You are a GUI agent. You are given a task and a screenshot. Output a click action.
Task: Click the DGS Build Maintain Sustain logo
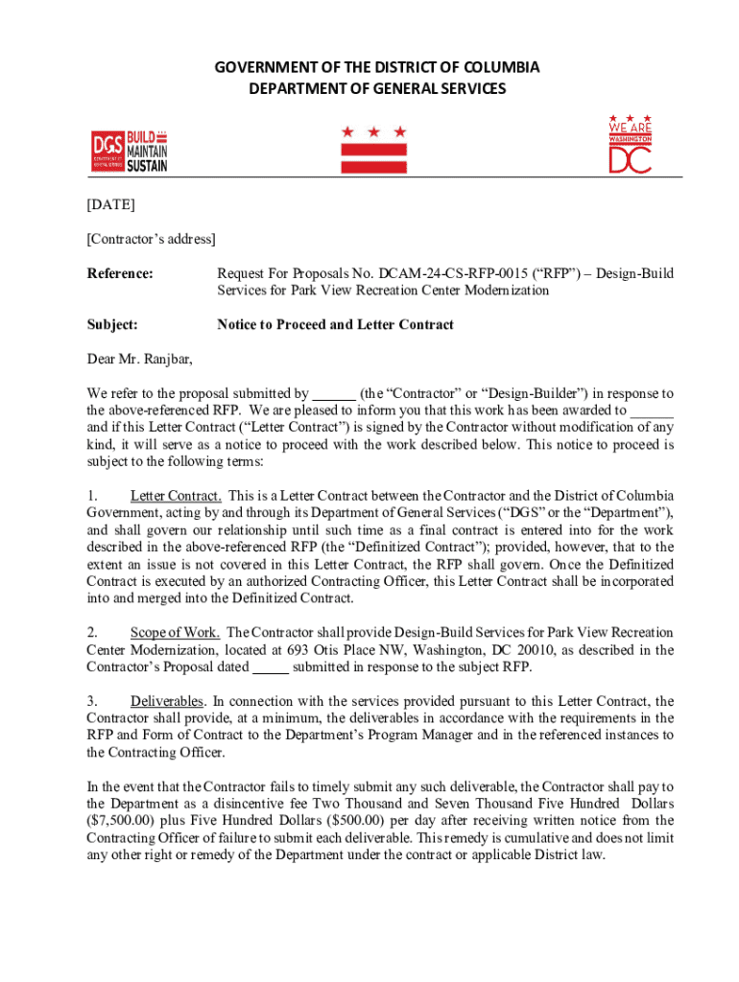(x=130, y=152)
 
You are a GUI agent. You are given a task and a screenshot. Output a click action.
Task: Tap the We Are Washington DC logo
(x=630, y=145)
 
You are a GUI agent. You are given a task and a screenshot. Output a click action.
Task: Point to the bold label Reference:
(x=120, y=273)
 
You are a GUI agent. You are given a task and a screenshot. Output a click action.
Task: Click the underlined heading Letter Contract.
(x=177, y=496)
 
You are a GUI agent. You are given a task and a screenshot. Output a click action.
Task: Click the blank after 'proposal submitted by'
(x=334, y=393)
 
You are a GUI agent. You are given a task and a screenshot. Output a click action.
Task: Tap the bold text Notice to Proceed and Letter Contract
(x=335, y=325)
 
